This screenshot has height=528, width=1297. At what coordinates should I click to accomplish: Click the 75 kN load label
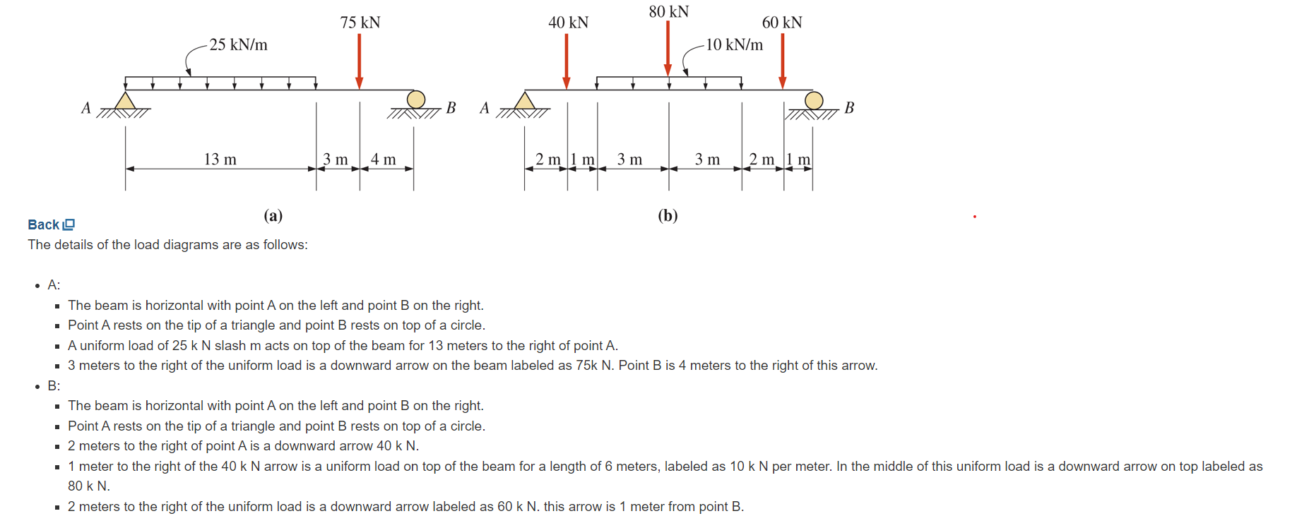point(360,23)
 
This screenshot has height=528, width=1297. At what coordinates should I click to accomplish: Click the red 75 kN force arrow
point(360,61)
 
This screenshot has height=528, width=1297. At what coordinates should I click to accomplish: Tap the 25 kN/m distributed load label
point(239,44)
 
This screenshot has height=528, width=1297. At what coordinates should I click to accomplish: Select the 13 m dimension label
point(220,160)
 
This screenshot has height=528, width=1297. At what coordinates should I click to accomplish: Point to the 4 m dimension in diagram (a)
point(384,160)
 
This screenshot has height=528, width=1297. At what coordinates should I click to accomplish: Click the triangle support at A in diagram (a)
point(126,102)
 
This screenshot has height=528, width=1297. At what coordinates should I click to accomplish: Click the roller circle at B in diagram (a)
point(416,100)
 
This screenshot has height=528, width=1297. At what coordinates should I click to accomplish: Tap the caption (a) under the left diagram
point(273,215)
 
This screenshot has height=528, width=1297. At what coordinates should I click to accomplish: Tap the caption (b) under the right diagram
point(668,215)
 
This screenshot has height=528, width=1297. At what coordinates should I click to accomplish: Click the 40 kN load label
point(569,23)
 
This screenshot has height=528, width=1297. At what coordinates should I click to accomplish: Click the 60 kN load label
point(782,23)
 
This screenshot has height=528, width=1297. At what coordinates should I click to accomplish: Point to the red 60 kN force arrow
point(783,61)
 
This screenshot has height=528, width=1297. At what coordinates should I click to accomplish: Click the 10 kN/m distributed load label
point(735,44)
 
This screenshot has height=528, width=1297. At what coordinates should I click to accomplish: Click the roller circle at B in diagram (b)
point(814,101)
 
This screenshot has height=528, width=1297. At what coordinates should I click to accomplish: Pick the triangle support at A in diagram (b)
point(525,102)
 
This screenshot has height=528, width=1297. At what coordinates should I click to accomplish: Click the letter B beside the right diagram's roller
point(849,108)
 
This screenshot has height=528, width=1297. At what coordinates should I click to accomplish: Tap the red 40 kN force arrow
point(567,61)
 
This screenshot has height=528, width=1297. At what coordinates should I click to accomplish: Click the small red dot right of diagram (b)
point(975,217)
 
